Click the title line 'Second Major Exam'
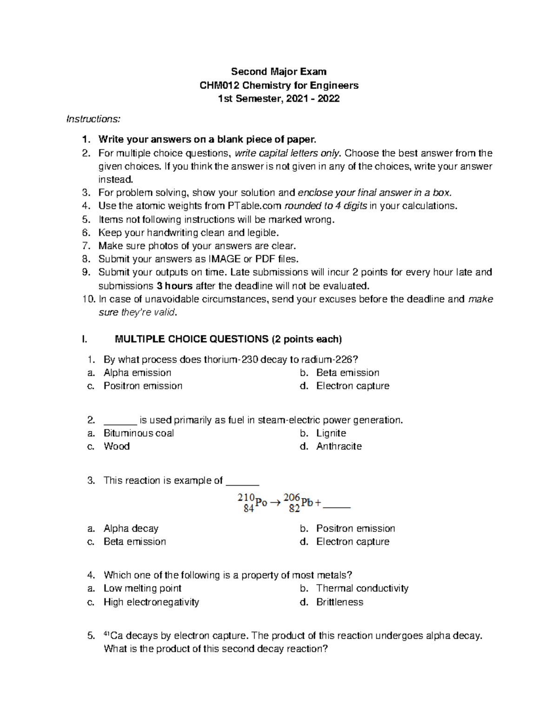pos(279,72)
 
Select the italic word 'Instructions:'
pos(93,119)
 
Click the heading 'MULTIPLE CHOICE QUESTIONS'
pos(191,339)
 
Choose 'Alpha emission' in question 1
pos(137,372)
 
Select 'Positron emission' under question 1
pos(143,386)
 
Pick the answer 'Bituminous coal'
pos(139,433)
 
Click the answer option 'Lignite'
pos(331,433)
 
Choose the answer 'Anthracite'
pos(339,446)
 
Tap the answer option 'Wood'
pos(116,446)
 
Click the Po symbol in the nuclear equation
pos(261,503)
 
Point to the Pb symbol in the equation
pos(307,503)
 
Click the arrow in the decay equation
pos(275,503)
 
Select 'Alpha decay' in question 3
pos(131,528)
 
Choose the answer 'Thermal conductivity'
pos(362,588)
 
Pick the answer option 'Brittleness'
pos(339,602)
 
